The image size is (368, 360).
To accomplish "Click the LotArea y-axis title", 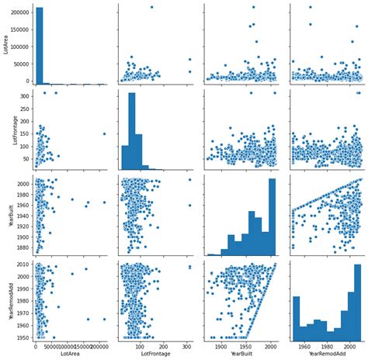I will (6, 43).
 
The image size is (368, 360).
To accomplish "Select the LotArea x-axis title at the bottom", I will (70, 354).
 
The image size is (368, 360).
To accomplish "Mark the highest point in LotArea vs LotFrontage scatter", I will (151, 8).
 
